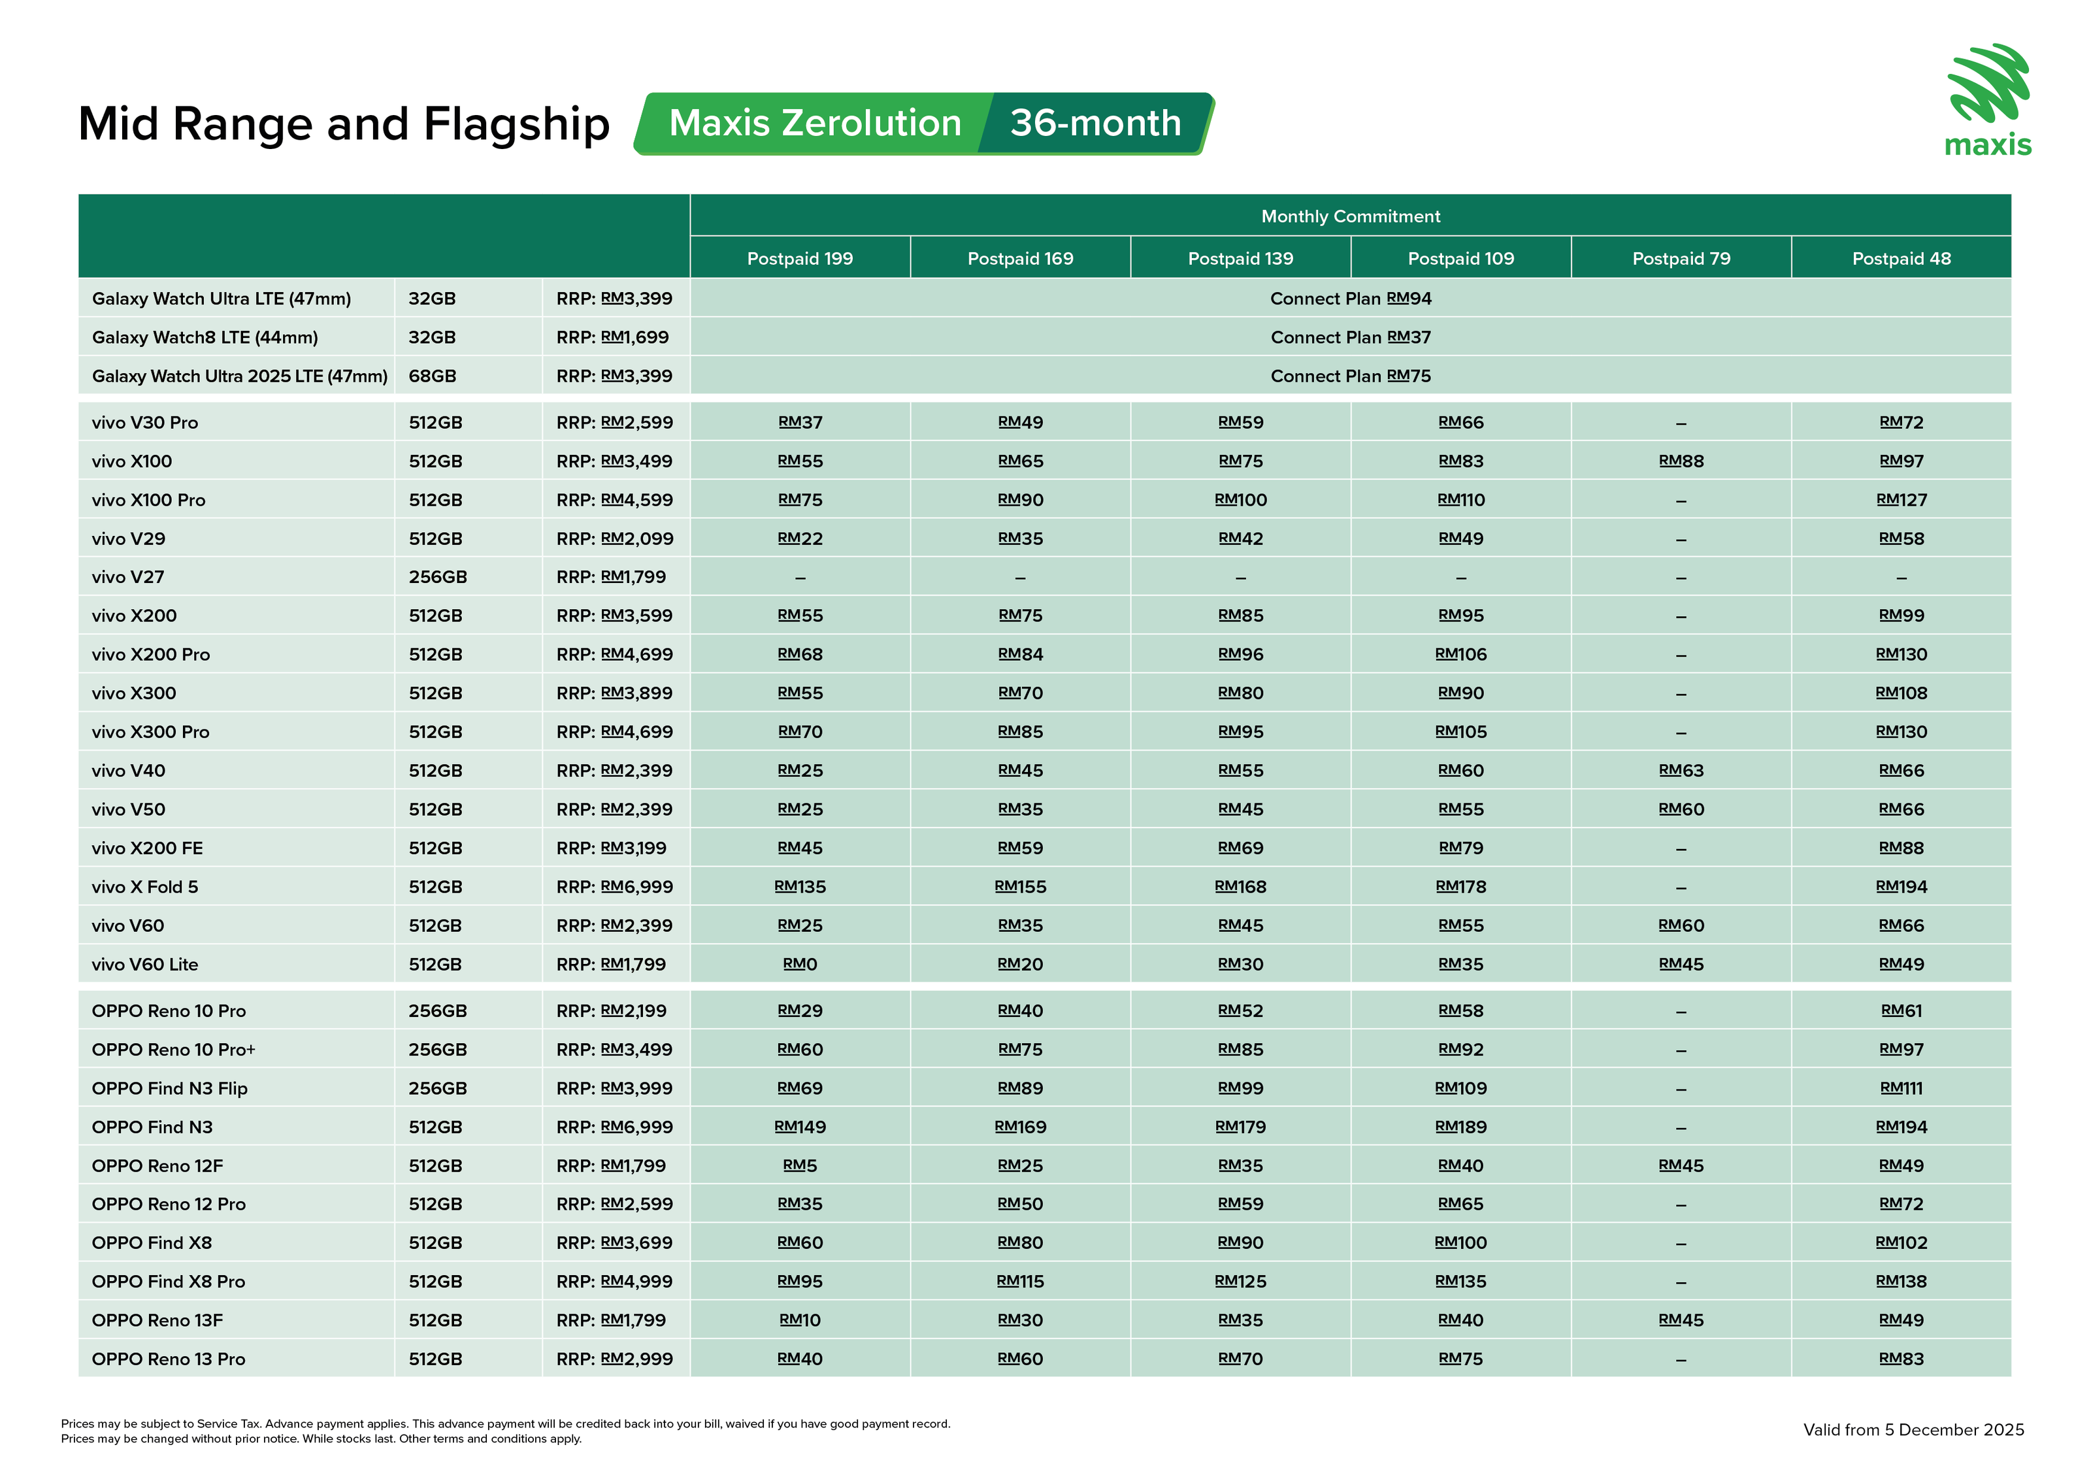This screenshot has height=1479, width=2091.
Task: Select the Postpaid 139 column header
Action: tap(1240, 259)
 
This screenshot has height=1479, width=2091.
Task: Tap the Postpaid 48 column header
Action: tap(1901, 259)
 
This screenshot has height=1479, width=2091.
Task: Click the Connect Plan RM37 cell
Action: tap(1350, 338)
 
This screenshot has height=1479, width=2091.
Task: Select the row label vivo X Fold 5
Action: tap(145, 887)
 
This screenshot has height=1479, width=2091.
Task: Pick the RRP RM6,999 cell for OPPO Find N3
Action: tap(615, 1127)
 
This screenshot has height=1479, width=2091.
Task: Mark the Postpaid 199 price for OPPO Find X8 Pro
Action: tap(800, 1282)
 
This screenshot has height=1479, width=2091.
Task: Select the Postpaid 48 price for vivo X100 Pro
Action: tap(1901, 500)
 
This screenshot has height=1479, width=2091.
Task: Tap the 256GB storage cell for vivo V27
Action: tap(437, 577)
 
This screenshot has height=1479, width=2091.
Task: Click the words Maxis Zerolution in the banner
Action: tap(814, 123)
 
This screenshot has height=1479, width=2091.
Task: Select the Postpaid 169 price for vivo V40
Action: tap(1020, 771)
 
